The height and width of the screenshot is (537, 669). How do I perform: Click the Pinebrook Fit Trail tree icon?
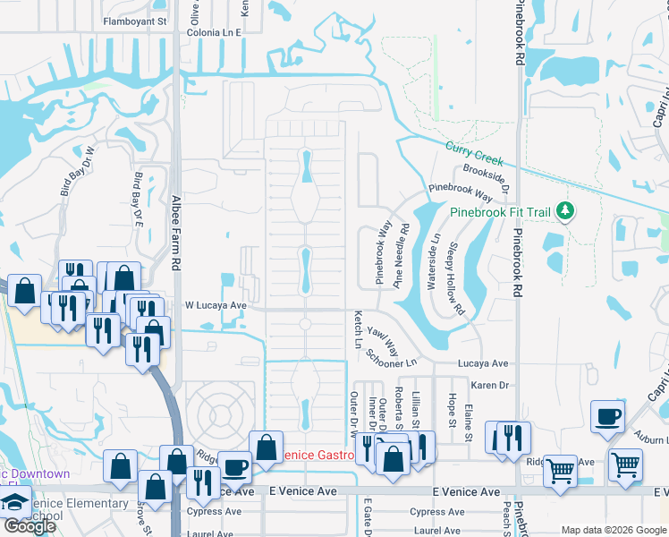(564, 212)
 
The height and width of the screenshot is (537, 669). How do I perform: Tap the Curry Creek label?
(476, 154)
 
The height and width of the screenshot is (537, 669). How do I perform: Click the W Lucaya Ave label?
(216, 305)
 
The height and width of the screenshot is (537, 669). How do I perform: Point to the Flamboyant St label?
(135, 20)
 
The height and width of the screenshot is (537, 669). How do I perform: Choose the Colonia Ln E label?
(215, 32)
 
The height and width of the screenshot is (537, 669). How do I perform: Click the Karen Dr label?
(489, 385)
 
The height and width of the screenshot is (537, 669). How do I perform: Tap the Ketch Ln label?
(358, 330)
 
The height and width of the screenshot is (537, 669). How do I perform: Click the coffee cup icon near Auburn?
(607, 417)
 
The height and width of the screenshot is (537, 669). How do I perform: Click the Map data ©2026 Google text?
(614, 530)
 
